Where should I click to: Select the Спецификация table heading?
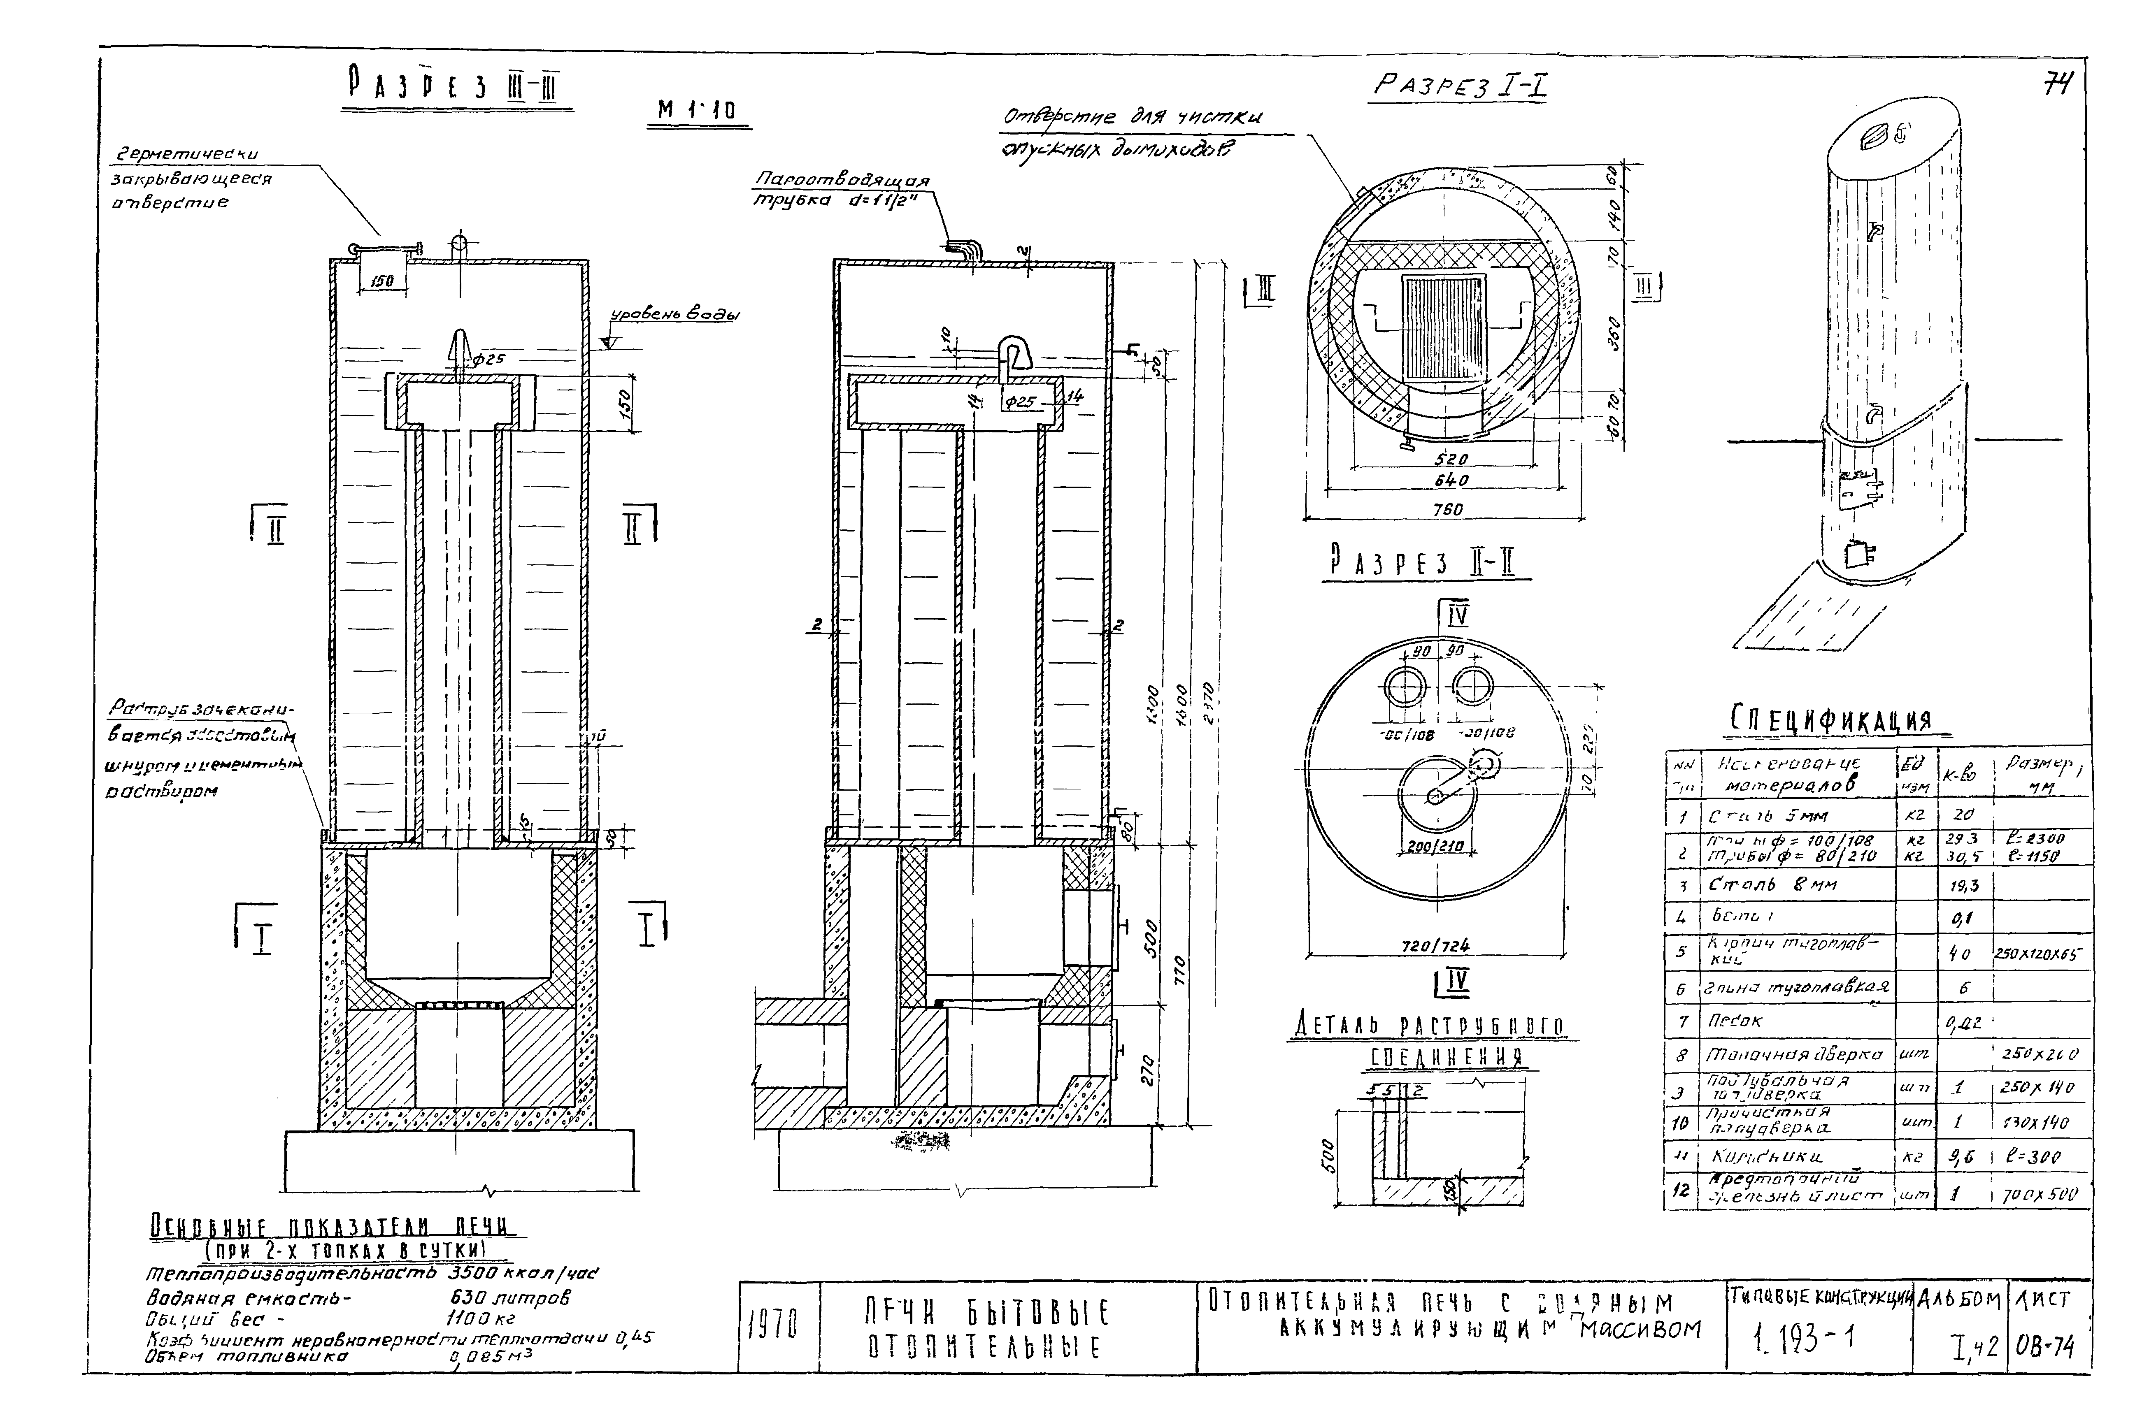tap(1831, 719)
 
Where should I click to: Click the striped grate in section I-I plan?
tap(1443, 326)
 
